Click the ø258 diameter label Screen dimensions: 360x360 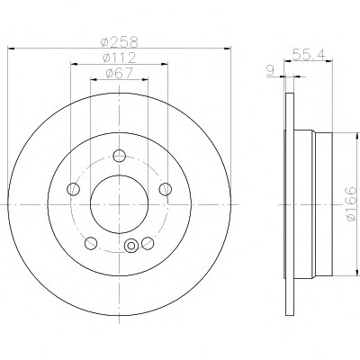tap(120, 42)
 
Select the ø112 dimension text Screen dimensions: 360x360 tap(120, 58)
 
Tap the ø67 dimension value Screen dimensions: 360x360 tap(120, 73)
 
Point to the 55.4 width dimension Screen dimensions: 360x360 tap(308, 55)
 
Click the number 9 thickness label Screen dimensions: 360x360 tap(270, 71)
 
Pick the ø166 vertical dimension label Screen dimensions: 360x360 tap(350, 204)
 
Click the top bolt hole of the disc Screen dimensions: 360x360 tap(120, 156)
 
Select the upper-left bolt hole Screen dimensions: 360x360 tap(74, 189)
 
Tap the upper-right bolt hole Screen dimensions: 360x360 tap(166, 189)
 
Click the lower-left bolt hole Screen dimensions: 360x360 tap(91, 243)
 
